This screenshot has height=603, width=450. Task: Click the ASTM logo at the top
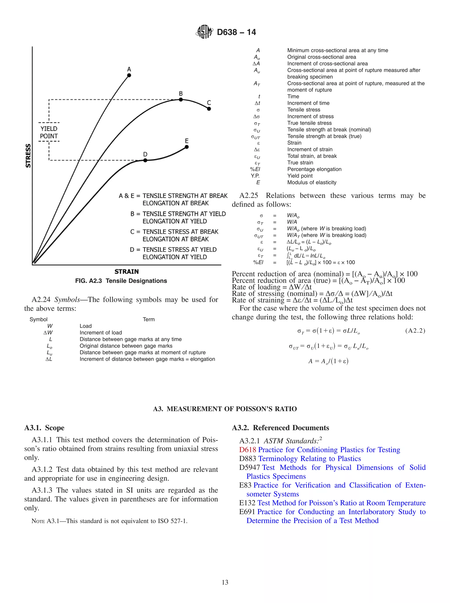pos(204,32)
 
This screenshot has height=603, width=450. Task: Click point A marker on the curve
pos(129,75)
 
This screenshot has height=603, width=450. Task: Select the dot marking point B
pos(181,100)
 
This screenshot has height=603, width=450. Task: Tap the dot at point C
pos(209,109)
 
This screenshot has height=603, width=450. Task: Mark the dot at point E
pos(187,147)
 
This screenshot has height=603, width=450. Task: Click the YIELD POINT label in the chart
pos(49,132)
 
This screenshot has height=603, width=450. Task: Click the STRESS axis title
pos(28,156)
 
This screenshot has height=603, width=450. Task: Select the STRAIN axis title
pos(127,271)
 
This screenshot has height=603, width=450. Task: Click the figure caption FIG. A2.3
pos(121,281)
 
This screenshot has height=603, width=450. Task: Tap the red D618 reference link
pos(247,450)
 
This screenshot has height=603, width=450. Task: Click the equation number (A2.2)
pos(415,331)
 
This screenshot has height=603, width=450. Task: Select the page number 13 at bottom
pos(225,582)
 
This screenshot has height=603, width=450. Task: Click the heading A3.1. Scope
pos(44,428)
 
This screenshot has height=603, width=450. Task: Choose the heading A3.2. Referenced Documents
pos(280,428)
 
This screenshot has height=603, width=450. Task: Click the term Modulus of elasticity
pos(312,182)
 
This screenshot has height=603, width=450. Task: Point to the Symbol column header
pos(38,319)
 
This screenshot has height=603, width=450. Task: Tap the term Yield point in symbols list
pos(300,176)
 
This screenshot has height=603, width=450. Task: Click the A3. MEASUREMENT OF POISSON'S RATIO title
pos(225,409)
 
